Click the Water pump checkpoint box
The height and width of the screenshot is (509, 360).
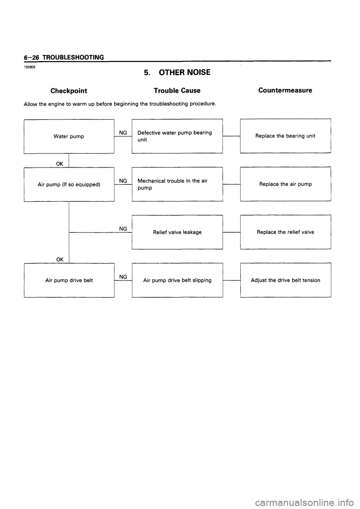point(69,136)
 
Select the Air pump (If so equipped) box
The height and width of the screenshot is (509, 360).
point(69,184)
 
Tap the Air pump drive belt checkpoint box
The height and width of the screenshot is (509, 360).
point(69,280)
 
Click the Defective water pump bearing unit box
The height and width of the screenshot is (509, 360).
point(177,136)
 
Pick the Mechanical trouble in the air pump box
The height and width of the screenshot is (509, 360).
point(177,184)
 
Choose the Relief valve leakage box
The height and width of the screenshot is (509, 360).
point(177,232)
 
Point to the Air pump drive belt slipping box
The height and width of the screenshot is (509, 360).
point(177,280)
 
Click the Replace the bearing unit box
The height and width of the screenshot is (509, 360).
point(285,136)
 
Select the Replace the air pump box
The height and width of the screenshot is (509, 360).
point(285,184)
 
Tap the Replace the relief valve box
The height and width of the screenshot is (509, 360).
point(285,232)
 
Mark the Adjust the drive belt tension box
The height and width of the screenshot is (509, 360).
point(285,280)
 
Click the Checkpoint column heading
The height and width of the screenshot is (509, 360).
point(69,91)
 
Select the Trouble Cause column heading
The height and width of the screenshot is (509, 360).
point(177,91)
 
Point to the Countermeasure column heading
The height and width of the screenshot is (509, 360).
point(285,90)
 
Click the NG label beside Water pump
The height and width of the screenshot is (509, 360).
point(123,133)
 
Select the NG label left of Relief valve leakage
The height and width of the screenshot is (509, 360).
point(123,229)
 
